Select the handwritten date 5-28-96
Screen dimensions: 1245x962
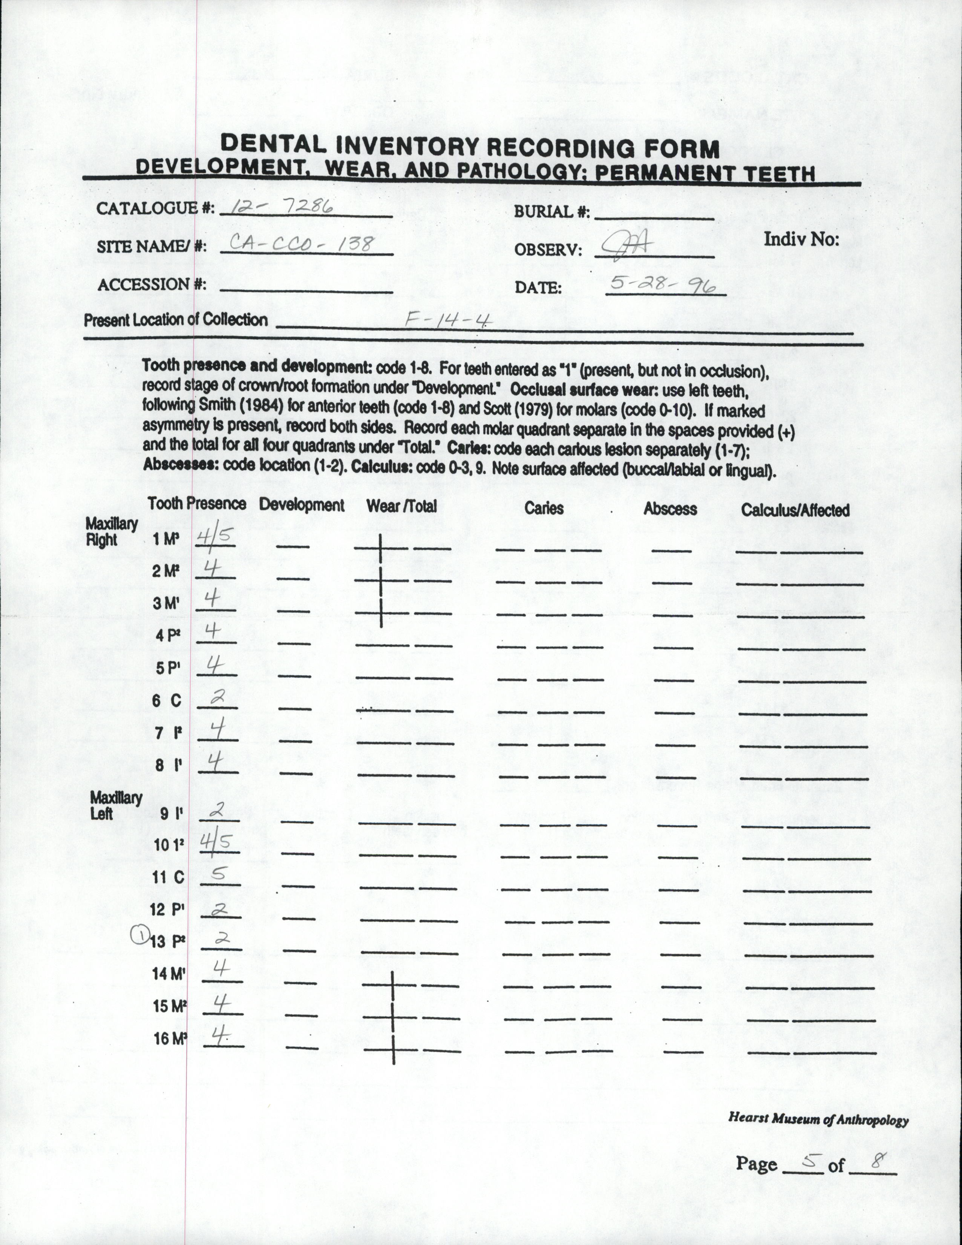[663, 283]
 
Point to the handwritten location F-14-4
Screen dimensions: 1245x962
[448, 320]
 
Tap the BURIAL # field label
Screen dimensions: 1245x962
[551, 211]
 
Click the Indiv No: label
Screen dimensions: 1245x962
[801, 239]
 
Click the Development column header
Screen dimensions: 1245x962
[302, 505]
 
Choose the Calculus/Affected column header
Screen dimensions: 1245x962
[795, 510]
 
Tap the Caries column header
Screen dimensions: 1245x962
[544, 508]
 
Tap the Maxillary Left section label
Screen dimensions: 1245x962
[115, 805]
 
